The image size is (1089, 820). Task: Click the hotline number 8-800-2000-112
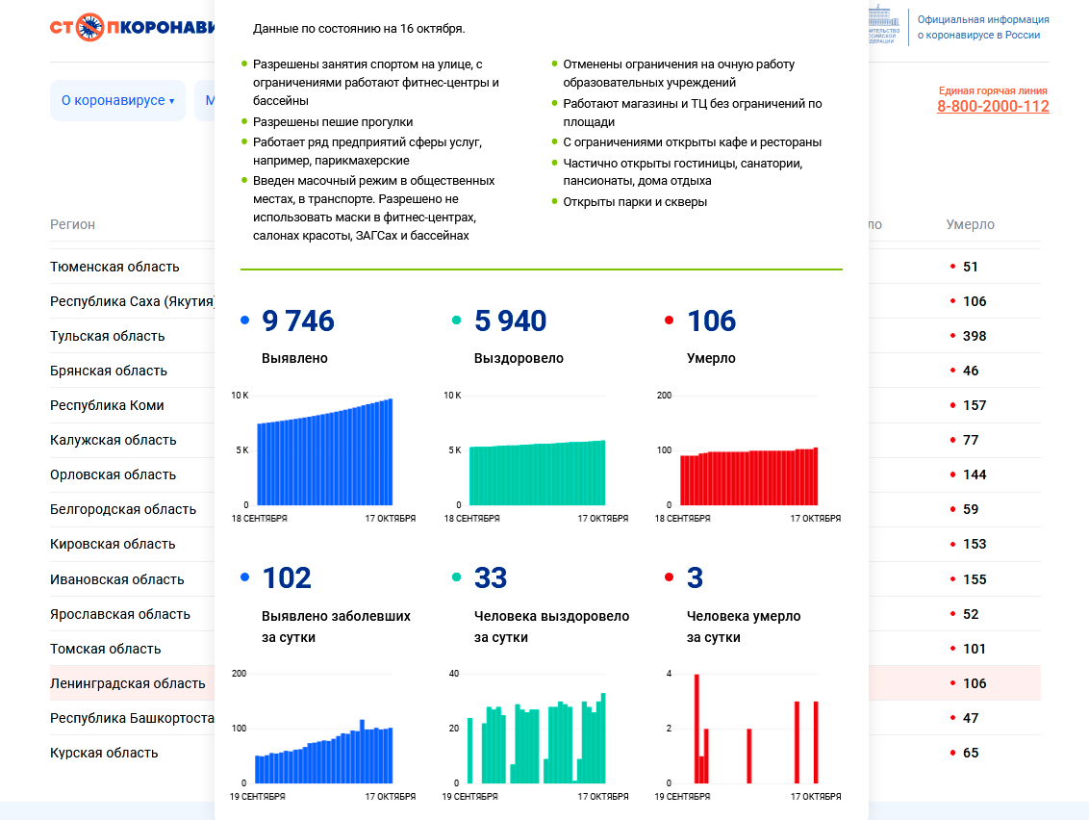[993, 107]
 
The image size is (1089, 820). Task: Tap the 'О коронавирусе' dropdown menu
[117, 100]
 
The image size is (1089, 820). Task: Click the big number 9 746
[298, 321]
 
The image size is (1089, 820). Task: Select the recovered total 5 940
[510, 321]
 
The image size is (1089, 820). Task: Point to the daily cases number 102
[287, 578]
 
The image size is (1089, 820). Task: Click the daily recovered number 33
[491, 578]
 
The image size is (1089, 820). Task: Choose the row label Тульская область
[108, 336]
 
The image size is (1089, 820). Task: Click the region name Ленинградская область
[128, 683]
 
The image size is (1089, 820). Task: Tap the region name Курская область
[104, 753]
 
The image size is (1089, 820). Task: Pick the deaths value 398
[975, 336]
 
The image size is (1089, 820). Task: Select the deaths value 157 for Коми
[975, 405]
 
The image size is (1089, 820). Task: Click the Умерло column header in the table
[971, 224]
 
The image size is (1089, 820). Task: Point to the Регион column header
[73, 224]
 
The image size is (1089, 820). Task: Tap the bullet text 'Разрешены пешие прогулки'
[333, 122]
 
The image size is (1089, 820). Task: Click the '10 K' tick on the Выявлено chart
[240, 396]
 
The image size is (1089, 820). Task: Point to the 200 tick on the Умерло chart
[663, 396]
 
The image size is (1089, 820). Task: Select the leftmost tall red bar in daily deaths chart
[696, 729]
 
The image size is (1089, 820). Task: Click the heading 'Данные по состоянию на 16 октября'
[359, 29]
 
